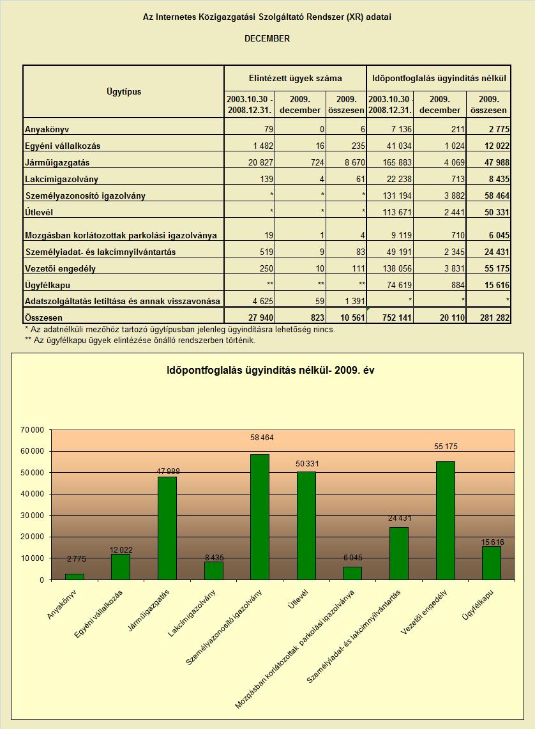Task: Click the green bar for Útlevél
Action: (306, 526)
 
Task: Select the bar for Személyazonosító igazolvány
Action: (260, 517)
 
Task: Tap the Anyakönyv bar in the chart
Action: (74, 577)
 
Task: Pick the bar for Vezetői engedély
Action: (446, 521)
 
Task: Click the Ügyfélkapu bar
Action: (492, 563)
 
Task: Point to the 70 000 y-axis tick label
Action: (32, 430)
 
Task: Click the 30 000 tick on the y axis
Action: (32, 516)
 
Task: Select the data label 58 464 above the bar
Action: (262, 438)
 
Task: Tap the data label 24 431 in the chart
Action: (400, 518)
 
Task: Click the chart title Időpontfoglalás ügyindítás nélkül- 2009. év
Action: (270, 371)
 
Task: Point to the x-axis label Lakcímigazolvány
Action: (192, 613)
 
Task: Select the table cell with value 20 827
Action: (260, 163)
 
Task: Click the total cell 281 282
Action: (495, 318)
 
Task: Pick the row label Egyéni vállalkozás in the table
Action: (63, 146)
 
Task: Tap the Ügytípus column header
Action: (124, 91)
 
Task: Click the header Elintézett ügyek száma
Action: (296, 79)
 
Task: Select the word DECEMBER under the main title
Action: (267, 38)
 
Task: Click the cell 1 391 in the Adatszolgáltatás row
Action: (355, 302)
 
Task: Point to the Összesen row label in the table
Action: (43, 318)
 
